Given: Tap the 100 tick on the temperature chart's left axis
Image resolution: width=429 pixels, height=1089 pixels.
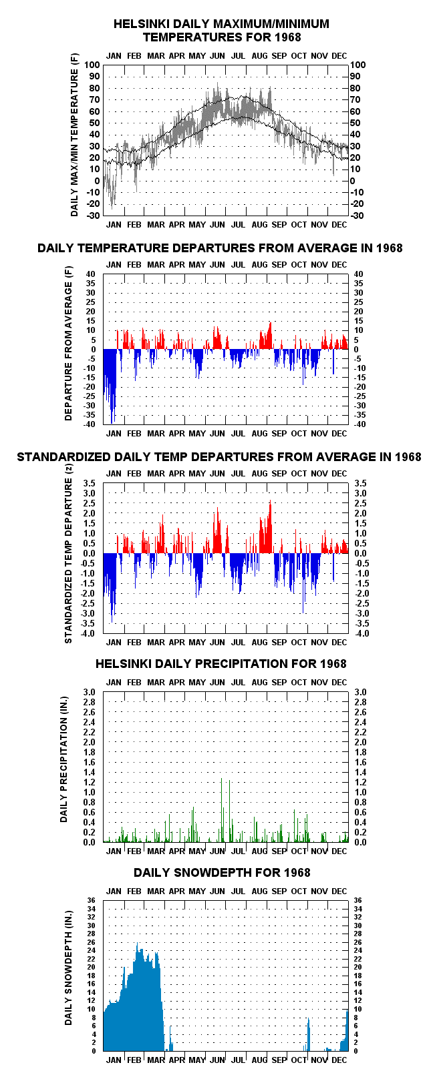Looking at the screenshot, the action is pyautogui.click(x=92, y=65).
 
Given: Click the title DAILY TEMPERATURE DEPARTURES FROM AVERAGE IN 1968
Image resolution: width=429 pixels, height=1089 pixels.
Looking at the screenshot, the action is pyautogui.click(x=220, y=248).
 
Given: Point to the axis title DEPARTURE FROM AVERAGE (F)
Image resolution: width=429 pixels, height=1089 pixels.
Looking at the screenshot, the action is pyautogui.click(x=68, y=343).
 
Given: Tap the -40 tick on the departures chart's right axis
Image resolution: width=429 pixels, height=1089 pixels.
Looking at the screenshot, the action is pyautogui.click(x=358, y=424).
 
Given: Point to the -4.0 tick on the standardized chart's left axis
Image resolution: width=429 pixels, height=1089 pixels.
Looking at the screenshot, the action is pyautogui.click(x=92, y=633).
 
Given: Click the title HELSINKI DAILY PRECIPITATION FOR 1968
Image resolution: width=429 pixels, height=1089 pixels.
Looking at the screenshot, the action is pyautogui.click(x=221, y=664).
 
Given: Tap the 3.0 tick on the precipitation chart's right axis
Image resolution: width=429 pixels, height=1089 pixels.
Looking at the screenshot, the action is pyautogui.click(x=360, y=692).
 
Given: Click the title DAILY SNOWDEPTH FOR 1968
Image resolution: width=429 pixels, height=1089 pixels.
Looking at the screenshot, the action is pyautogui.click(x=222, y=873).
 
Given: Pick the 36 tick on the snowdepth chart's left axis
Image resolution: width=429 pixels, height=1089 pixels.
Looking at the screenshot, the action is pyautogui.click(x=91, y=900).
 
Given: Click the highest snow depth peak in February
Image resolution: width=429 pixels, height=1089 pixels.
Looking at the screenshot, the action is pyautogui.click(x=137, y=944).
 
